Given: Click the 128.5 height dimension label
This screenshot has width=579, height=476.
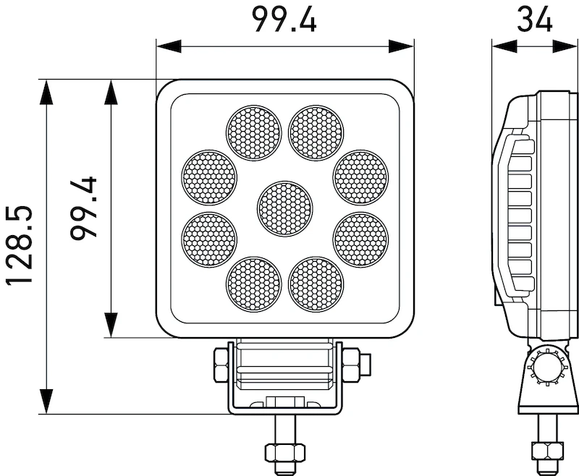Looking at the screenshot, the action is (19, 245).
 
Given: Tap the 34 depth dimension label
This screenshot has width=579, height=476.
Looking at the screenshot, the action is (534, 19).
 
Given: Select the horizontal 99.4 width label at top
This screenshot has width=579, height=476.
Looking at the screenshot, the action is (284, 20).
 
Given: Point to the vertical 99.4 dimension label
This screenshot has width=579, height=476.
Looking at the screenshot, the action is (83, 208).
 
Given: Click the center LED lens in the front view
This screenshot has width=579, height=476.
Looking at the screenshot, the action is (284, 209).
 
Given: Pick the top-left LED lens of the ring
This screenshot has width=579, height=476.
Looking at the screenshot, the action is (254, 133).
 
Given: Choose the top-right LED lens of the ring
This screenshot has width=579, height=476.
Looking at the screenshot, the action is (316, 133).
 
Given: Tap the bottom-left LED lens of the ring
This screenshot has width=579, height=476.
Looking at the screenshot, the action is (254, 284).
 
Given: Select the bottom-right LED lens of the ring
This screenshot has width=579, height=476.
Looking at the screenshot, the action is (316, 284).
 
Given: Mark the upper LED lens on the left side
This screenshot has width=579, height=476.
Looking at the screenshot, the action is (209, 177).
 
